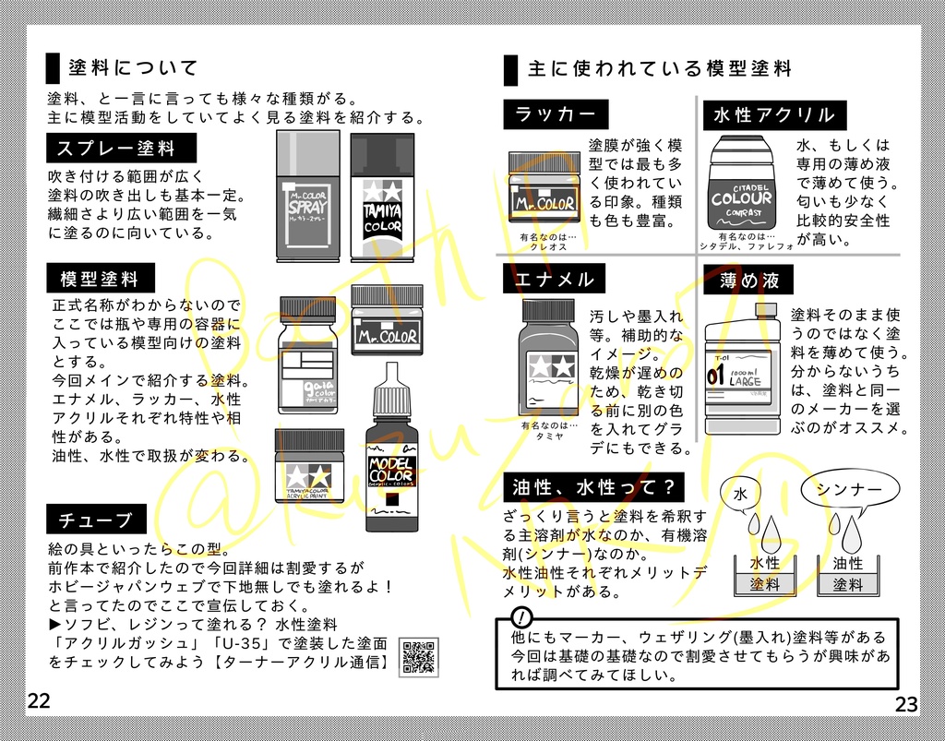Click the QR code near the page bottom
(x=419, y=657)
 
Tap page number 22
(x=39, y=700)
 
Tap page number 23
(x=906, y=705)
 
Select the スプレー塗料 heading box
(x=122, y=149)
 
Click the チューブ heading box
(x=96, y=520)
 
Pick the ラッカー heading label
(x=556, y=114)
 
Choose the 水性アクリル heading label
(x=773, y=115)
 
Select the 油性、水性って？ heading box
(x=593, y=487)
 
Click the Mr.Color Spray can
(x=307, y=197)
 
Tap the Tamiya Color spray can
(x=382, y=198)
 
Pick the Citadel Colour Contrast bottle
(x=741, y=185)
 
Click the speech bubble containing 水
(x=740, y=495)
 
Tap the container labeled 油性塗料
(x=848, y=574)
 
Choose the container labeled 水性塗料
(x=764, y=574)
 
